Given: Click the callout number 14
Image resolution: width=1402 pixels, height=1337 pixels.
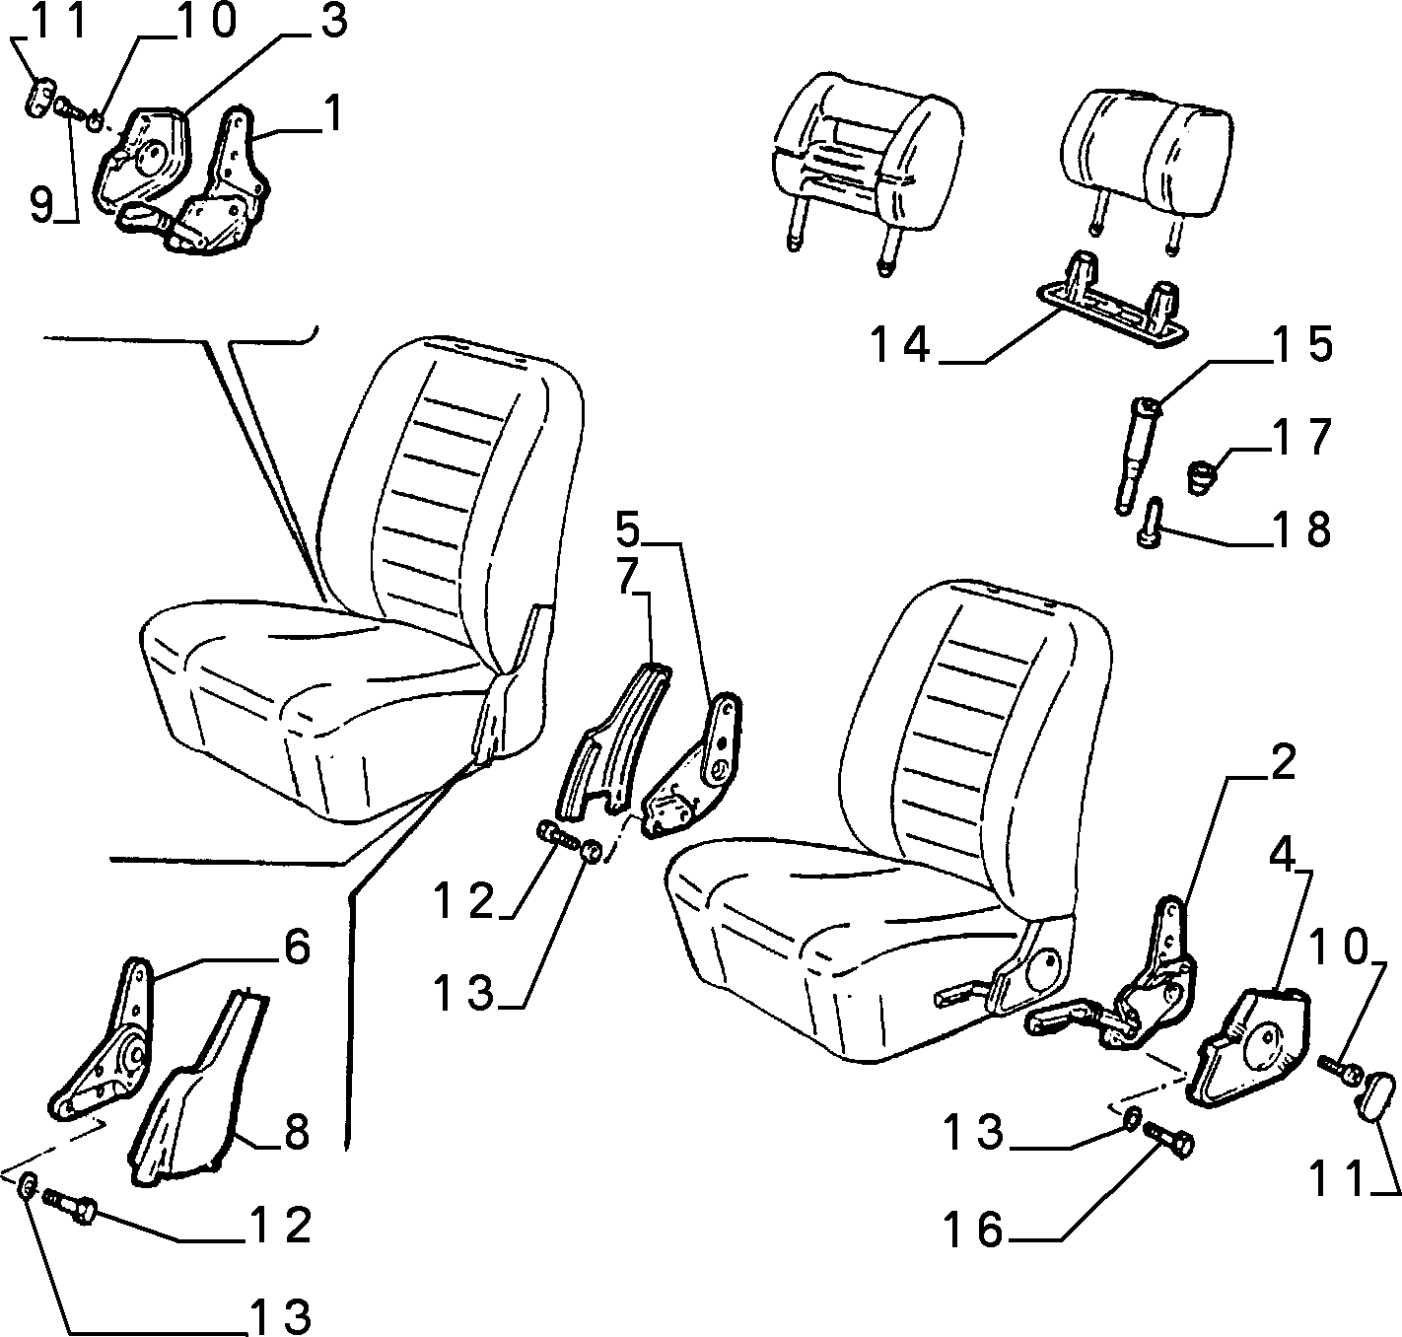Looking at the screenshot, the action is (x=900, y=346).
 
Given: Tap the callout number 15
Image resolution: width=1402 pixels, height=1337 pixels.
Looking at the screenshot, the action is (x=1302, y=345).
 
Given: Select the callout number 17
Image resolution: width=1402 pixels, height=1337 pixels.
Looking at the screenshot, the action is (x=1302, y=437).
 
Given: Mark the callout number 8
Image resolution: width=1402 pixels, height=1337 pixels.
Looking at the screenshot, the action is (x=296, y=1132).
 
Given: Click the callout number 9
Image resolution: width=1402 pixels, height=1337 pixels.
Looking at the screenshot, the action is (x=41, y=205).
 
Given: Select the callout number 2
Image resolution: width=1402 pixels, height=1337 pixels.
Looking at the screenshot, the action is (x=1282, y=762).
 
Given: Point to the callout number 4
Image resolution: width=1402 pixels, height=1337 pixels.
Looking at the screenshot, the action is (x=1281, y=856).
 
